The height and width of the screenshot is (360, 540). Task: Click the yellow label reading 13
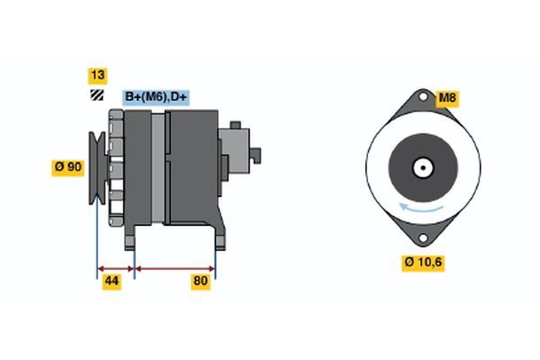point(95,75)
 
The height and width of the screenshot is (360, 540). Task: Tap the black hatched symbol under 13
point(95,96)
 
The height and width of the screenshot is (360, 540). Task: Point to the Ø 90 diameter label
point(68,166)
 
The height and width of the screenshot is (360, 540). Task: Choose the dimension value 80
point(201,282)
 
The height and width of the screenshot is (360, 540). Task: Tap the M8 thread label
point(446,98)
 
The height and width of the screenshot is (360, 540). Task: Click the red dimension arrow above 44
point(115,268)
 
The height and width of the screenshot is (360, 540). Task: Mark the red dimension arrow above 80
point(175,268)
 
